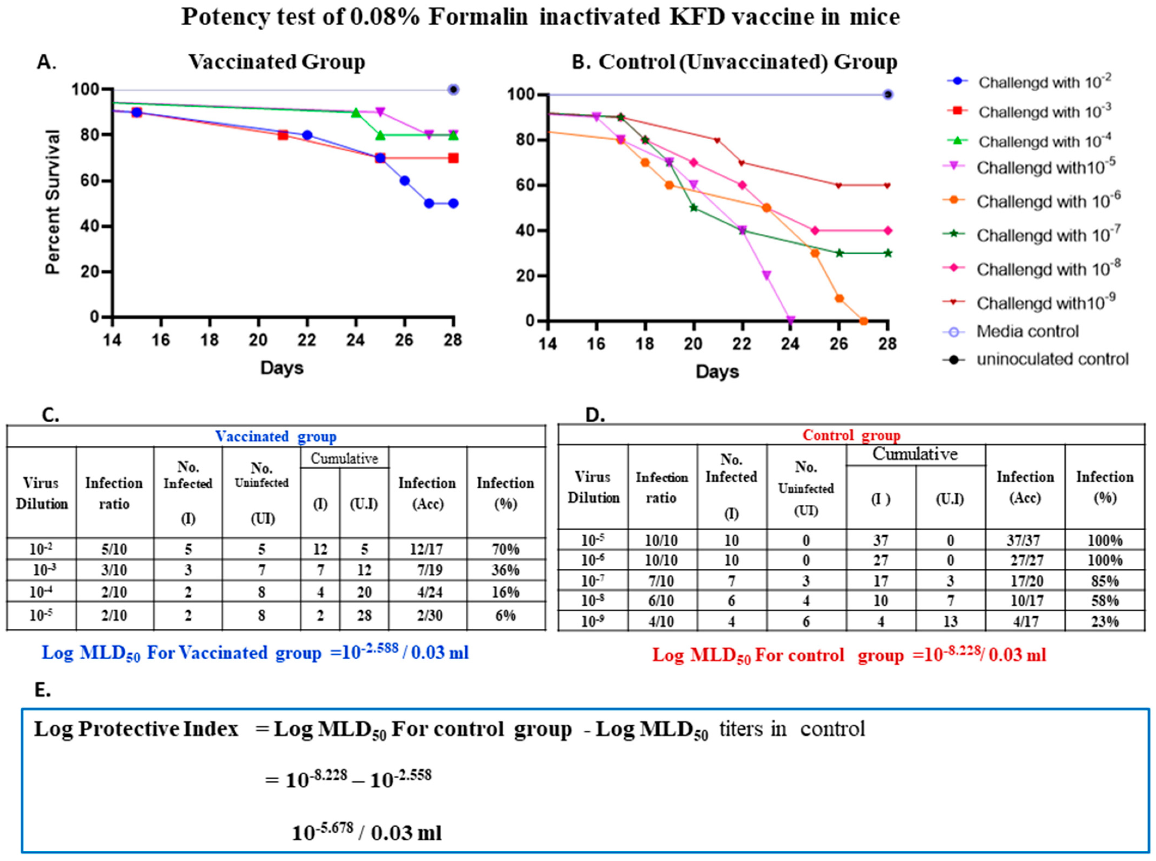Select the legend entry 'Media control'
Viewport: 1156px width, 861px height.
point(1027,332)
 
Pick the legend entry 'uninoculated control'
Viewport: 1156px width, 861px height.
point(1052,359)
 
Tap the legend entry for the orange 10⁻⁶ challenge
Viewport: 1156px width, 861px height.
point(1048,201)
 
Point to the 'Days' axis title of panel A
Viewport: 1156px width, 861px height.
point(282,368)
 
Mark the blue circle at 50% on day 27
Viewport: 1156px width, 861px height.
point(429,203)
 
